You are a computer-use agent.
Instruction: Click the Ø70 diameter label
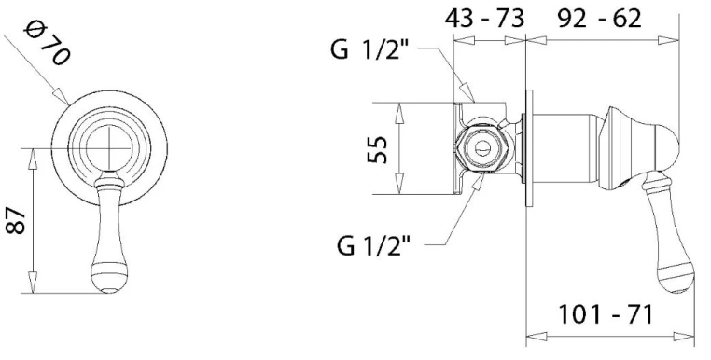(48, 45)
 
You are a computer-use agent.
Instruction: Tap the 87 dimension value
(17, 221)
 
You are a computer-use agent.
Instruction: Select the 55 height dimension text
(377, 149)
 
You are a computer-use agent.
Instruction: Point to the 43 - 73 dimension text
(484, 19)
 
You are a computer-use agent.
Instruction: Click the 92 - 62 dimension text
(599, 19)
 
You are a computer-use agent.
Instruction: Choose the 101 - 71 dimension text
(606, 314)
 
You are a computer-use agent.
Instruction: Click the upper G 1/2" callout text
(370, 49)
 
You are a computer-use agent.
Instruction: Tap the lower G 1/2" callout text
(373, 245)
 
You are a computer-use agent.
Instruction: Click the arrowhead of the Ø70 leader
(62, 97)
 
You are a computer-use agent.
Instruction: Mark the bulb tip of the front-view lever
(109, 284)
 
